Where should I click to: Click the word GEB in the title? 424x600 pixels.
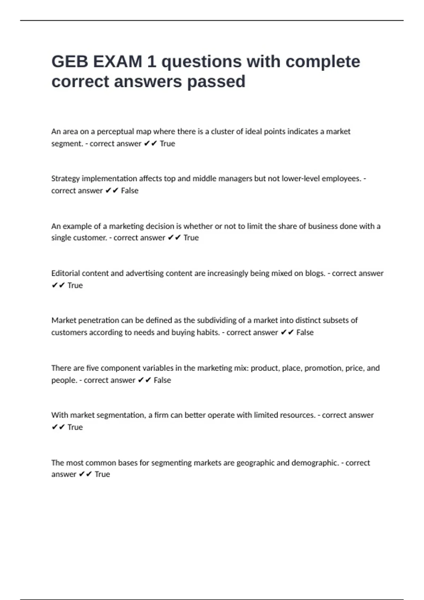point(70,62)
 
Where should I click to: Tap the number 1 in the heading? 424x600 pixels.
point(152,62)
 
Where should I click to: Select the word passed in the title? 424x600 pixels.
point(216,82)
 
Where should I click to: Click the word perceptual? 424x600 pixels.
point(115,132)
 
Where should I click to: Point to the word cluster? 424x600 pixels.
point(222,132)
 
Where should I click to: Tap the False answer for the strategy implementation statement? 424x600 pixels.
point(130,191)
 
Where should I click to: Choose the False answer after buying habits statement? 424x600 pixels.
point(305,332)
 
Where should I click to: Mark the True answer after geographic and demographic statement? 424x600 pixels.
point(102,474)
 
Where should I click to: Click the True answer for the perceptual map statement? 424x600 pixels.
point(167,144)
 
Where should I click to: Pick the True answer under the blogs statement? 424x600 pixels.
point(75,285)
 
